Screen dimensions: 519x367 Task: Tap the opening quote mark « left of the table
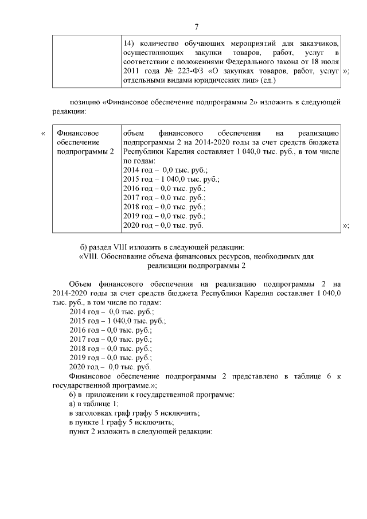click(44, 134)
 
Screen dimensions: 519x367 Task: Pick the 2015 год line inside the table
click(163, 179)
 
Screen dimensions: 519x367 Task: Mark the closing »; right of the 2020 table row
click(346, 225)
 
